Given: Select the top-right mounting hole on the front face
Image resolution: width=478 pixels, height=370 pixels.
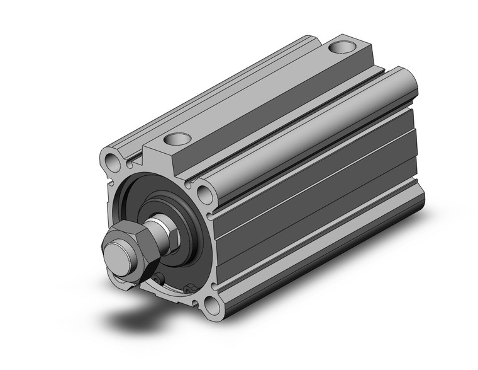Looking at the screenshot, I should click(203, 191).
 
